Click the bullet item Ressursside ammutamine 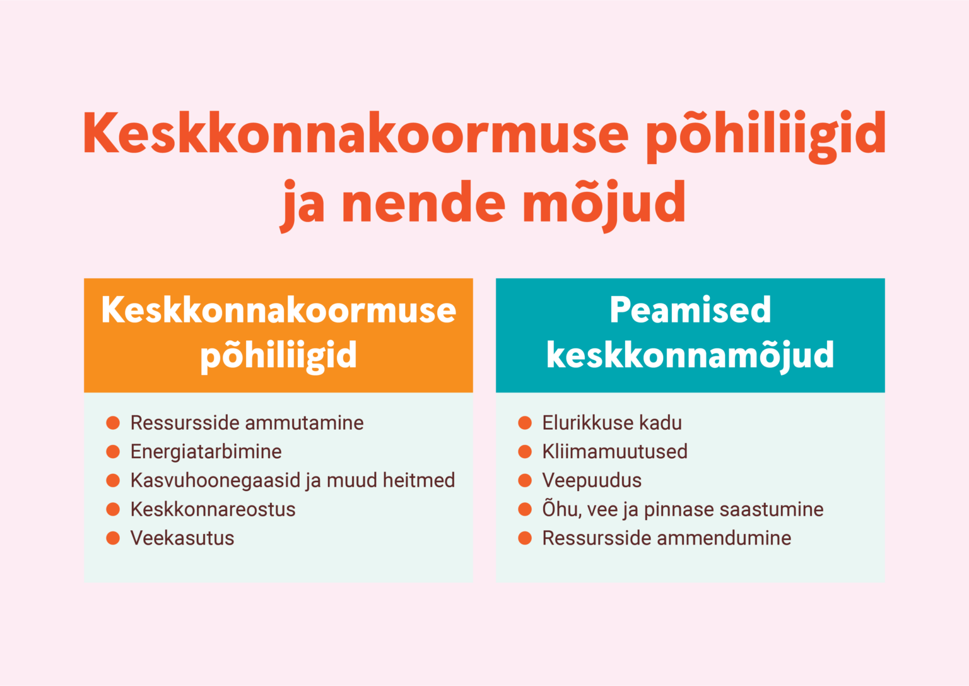click(247, 423)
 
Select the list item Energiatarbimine click(206, 452)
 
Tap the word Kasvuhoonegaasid click(215, 481)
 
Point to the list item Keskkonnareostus click(213, 509)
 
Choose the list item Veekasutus click(182, 538)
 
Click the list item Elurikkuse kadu click(612, 423)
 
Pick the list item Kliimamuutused click(614, 451)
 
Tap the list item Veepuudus click(592, 481)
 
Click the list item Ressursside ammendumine click(667, 538)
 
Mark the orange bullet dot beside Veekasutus click(113, 538)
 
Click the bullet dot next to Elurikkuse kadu click(525, 423)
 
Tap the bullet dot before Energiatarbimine click(113, 451)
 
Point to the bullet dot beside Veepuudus click(525, 480)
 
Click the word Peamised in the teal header click(690, 310)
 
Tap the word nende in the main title click(423, 201)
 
